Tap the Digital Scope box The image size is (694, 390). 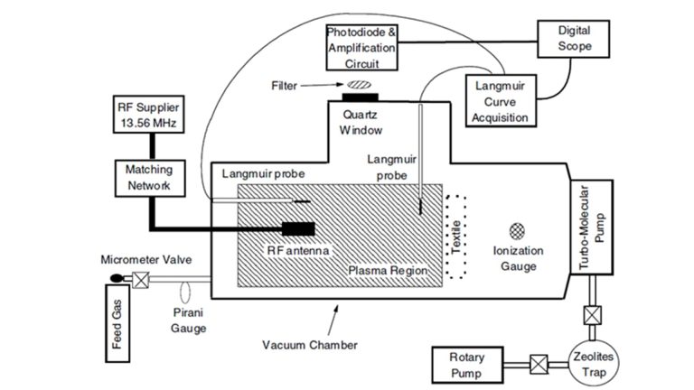coord(573,38)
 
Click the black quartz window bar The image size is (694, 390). coord(361,95)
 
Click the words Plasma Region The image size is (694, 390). coord(386,270)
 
